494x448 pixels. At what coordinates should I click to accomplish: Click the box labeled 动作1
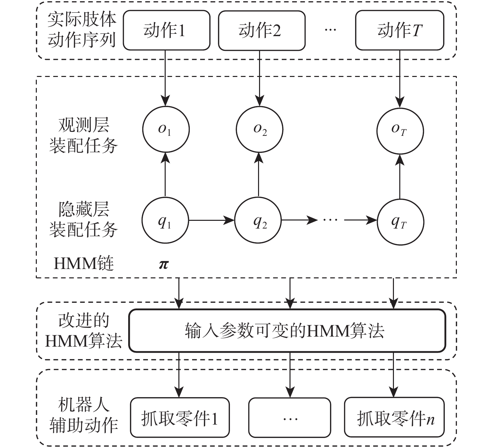click(166, 30)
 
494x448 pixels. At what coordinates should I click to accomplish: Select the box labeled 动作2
click(261, 30)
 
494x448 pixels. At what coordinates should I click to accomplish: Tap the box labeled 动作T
click(399, 30)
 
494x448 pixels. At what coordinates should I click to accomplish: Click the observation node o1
click(166, 129)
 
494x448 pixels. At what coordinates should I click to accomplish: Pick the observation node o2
click(259, 129)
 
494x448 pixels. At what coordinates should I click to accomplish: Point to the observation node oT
click(400, 130)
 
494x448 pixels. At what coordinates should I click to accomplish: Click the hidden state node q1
click(165, 221)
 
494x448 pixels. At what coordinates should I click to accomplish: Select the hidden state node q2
click(258, 221)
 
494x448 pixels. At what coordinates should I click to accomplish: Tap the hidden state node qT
click(400, 222)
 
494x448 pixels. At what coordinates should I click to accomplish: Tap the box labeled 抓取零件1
click(180, 418)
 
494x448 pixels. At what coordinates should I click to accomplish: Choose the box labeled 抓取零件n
click(394, 418)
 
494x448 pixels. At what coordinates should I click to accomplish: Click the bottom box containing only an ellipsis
click(290, 418)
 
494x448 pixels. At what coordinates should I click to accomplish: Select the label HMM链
click(84, 264)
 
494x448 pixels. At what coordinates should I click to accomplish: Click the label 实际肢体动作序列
click(82, 30)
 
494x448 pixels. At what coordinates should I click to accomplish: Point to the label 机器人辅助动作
click(83, 415)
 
